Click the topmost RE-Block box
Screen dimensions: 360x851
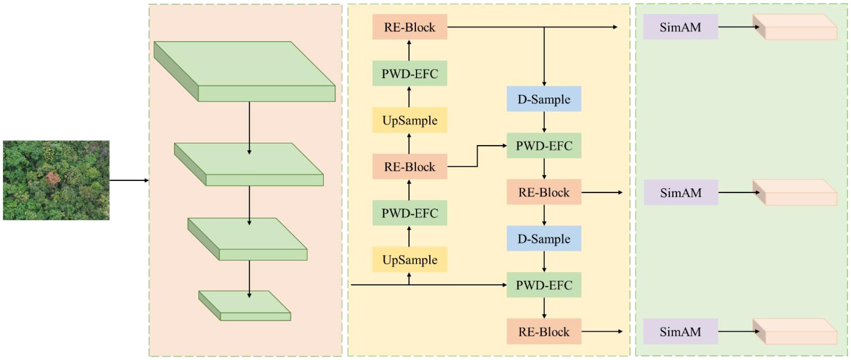pos(409,27)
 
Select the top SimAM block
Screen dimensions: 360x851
pos(680,27)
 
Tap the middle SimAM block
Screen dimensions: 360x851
pos(681,193)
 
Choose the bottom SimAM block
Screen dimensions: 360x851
pos(680,332)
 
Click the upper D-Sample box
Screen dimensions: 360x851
pos(544,99)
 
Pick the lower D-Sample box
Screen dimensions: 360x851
pos(544,238)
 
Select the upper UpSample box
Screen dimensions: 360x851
pos(409,120)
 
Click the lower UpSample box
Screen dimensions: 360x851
pos(409,260)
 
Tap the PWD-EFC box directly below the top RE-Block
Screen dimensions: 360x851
pos(409,73)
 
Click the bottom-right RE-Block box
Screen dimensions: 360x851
pos(544,332)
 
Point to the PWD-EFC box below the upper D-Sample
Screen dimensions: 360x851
pos(544,146)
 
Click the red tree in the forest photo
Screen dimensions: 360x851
pos(53,179)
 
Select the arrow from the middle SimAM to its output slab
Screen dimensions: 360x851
pos(738,193)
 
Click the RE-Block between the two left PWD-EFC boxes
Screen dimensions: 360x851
pos(409,166)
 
